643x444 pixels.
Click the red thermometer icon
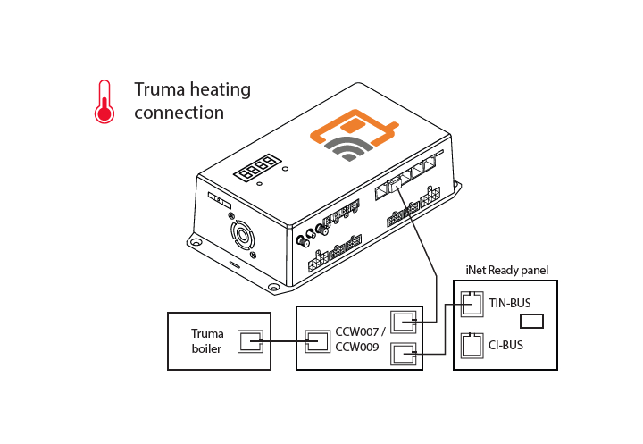104,101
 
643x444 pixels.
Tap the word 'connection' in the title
179,113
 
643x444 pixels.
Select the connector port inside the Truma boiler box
250,340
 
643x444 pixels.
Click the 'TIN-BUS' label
510,303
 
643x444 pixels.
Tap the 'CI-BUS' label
505,343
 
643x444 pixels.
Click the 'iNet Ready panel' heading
506,270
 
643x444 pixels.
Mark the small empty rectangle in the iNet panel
532,321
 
